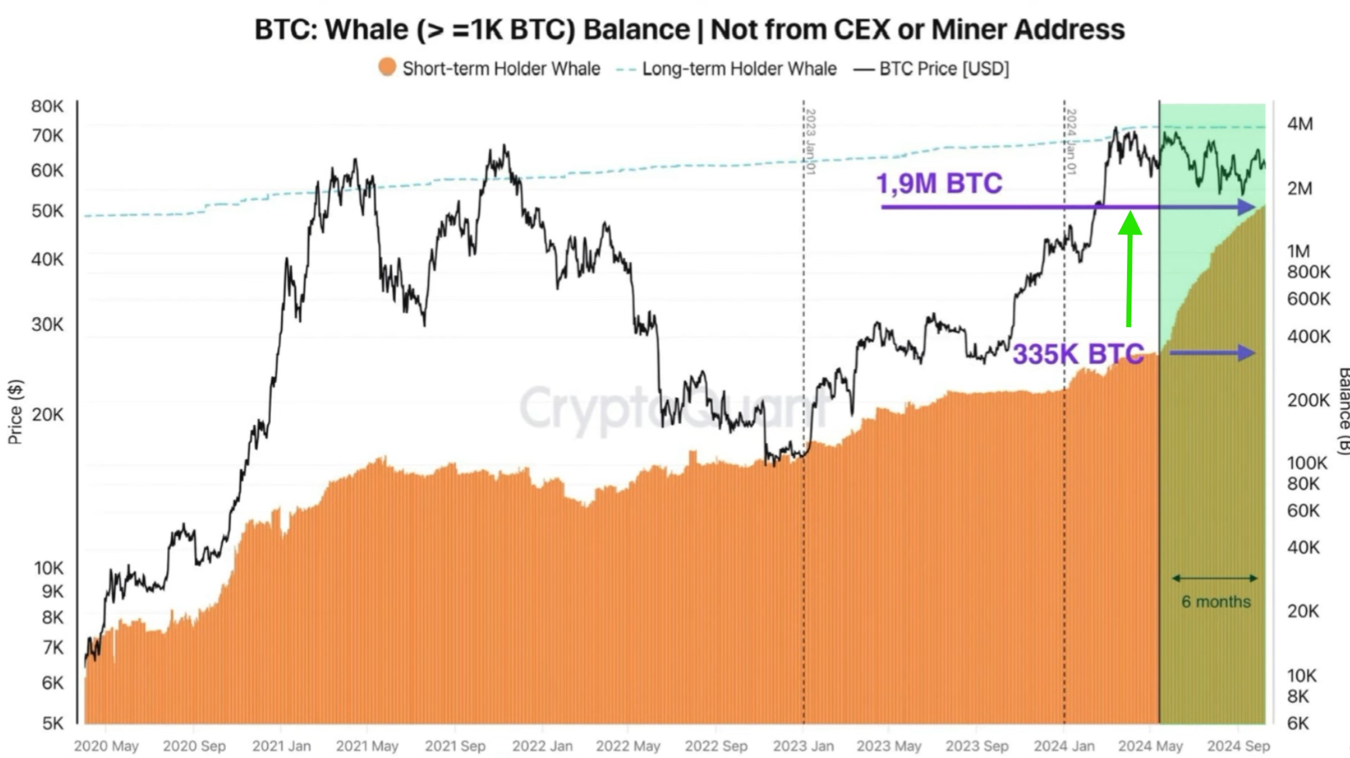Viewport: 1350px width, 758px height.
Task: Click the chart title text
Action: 689,29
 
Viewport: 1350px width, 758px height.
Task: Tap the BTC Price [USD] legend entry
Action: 932,69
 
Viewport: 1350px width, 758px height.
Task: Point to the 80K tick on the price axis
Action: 47,106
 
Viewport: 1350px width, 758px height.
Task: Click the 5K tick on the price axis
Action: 53,723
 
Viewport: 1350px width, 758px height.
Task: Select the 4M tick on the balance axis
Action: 1300,124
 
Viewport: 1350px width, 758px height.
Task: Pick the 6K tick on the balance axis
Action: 1298,723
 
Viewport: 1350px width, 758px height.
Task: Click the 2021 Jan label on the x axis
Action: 281,746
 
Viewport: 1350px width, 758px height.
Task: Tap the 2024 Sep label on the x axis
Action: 1238,746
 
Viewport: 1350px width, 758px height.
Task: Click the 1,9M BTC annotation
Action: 939,184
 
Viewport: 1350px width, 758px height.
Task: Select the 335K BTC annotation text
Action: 1078,354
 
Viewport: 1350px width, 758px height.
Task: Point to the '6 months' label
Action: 1216,602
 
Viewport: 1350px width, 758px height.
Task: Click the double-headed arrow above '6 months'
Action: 1215,578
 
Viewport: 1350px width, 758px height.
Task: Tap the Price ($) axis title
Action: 15,411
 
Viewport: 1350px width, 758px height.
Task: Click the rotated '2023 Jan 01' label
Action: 810,141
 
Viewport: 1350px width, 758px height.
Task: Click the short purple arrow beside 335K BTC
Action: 1212,353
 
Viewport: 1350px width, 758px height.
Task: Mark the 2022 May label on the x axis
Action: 628,746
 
